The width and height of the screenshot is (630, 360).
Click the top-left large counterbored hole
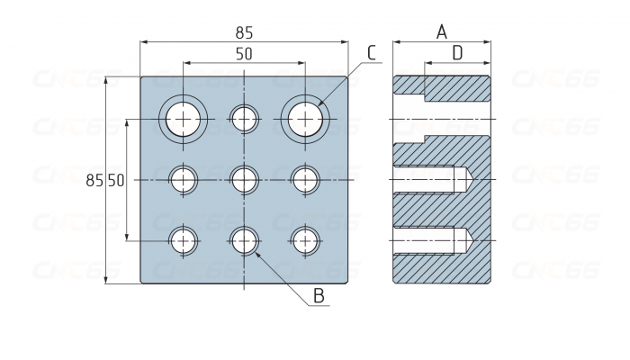[184, 118]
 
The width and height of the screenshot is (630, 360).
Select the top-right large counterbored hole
[305, 118]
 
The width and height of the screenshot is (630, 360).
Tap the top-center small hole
[245, 118]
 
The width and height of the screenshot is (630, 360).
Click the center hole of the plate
[245, 179]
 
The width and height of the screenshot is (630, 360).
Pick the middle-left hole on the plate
[184, 179]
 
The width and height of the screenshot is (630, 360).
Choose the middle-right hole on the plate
[305, 179]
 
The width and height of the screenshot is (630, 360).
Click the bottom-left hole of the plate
[184, 240]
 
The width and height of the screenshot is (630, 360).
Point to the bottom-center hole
[245, 240]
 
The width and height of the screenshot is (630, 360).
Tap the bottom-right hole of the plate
[305, 240]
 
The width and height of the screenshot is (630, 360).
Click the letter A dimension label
[442, 32]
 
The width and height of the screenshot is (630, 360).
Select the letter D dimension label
[457, 53]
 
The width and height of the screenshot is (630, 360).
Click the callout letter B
[319, 295]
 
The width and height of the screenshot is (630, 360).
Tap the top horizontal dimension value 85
[244, 31]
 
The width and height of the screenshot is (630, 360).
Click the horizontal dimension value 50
[244, 54]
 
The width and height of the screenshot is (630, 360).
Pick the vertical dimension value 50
[116, 180]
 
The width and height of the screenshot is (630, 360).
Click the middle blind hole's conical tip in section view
[468, 180]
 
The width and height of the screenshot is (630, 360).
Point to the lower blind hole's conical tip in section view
[468, 240]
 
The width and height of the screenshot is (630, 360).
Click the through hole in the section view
[441, 119]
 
